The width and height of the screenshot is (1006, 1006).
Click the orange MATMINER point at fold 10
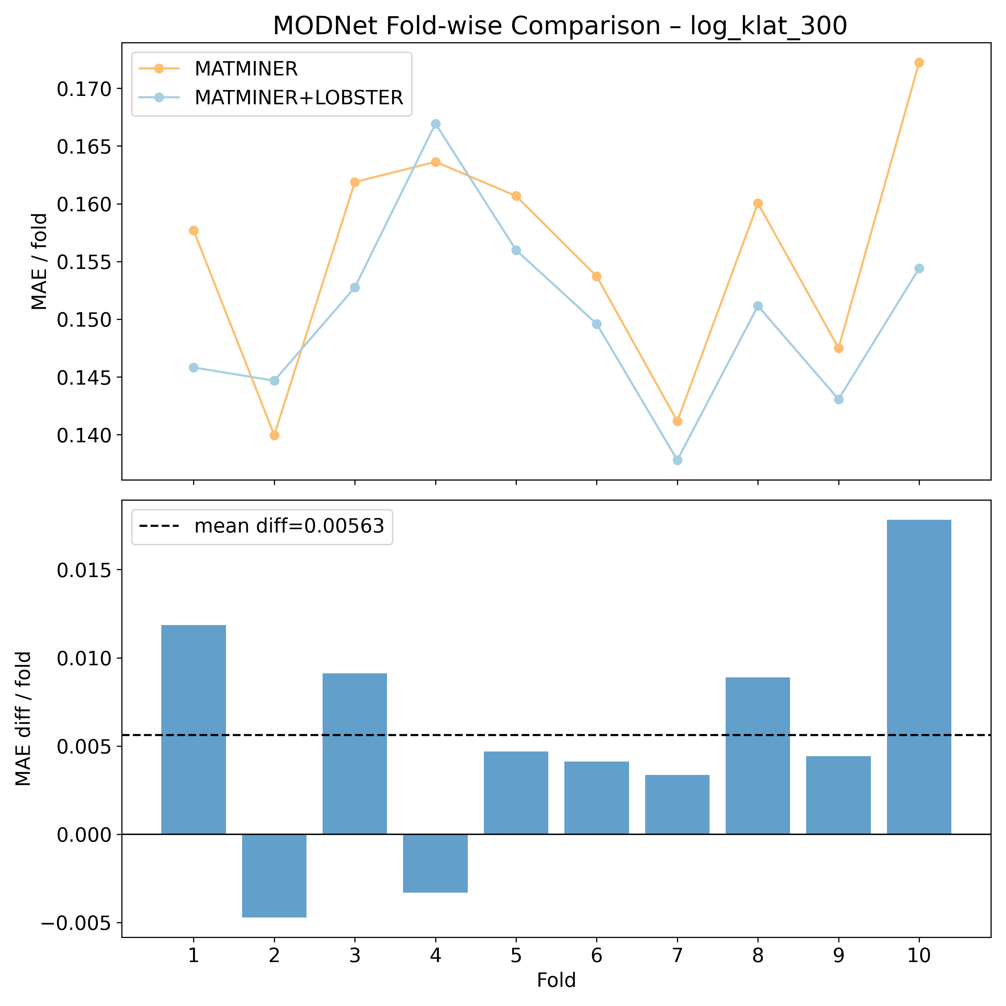coord(919,62)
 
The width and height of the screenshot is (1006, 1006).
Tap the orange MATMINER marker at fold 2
coord(274,435)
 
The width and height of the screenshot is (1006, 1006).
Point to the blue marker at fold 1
coord(194,368)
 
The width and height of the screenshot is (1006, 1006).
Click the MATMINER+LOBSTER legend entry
coord(298,97)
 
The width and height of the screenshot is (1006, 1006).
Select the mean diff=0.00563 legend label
coord(289,526)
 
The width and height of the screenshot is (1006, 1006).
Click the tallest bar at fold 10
coord(919,677)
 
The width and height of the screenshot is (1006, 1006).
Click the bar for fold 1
coord(194,729)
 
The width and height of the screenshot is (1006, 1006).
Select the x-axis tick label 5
coord(516,956)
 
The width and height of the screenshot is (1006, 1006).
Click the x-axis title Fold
coord(556,981)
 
